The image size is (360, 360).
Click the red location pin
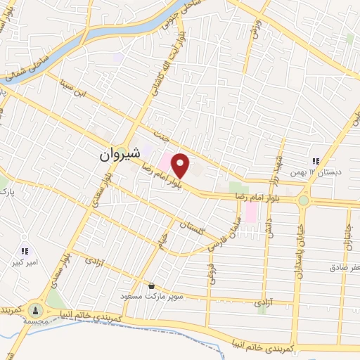click(181, 165)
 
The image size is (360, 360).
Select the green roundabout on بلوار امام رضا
click(304, 201)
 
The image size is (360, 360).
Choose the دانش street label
click(269, 225)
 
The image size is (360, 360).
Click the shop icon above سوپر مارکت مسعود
click(151, 285)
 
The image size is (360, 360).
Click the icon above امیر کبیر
click(25, 250)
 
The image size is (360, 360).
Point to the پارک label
click(8, 191)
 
